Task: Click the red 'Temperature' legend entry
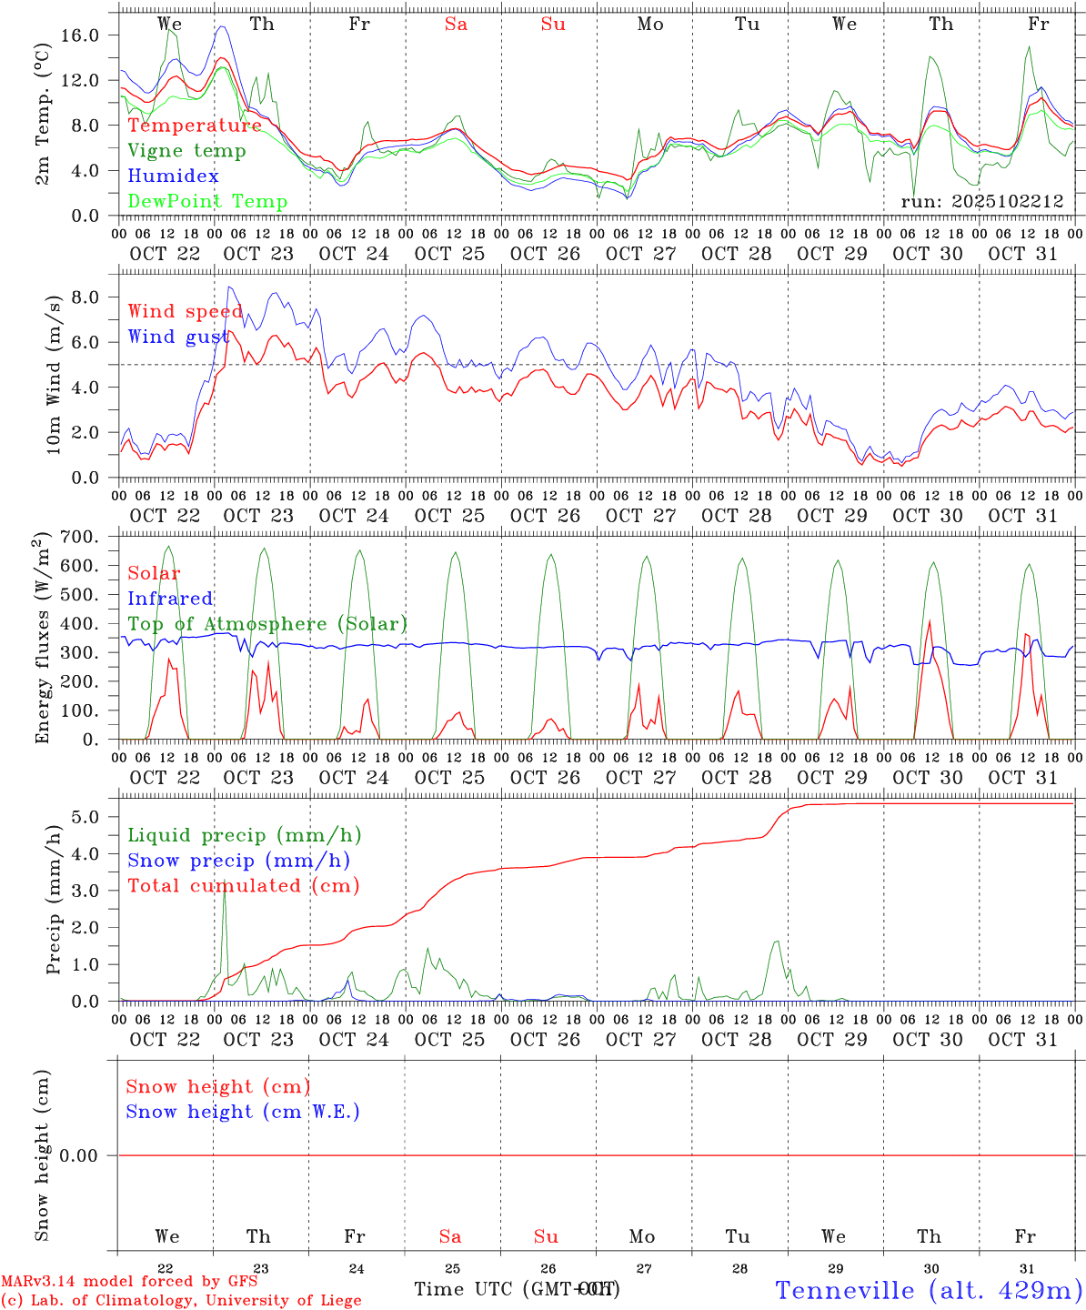[195, 126]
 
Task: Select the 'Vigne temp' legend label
[186, 151]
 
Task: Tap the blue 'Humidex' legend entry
[173, 176]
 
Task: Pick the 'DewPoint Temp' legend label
[207, 202]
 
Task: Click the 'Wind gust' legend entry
[176, 337]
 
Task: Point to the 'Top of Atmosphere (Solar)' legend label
[267, 624]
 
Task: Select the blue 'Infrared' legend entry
[170, 599]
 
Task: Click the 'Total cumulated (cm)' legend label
[243, 885]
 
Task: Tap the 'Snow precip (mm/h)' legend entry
[238, 861]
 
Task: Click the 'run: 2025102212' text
[982, 201]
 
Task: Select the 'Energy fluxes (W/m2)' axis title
[42, 640]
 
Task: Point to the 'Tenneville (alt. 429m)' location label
[928, 1290]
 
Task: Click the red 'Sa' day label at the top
[456, 25]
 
